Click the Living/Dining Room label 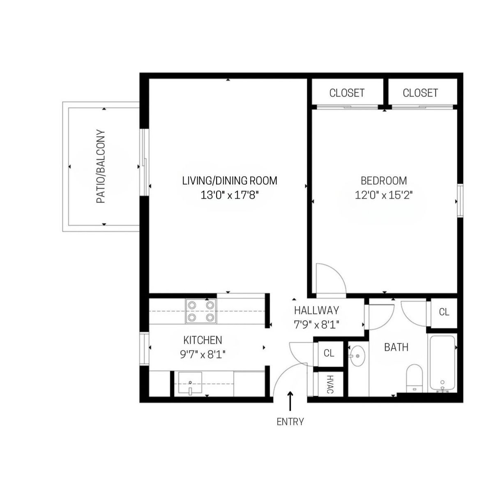[230, 181]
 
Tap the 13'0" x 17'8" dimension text [230, 196]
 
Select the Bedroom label [384, 181]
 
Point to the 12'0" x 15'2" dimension [384, 196]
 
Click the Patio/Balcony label [101, 166]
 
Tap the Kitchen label [203, 340]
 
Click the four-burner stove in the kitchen [201, 311]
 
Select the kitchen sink [190, 383]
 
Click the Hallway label [316, 310]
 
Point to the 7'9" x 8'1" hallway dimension [316, 325]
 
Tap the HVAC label [330, 384]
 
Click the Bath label [396, 347]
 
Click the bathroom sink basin [357, 356]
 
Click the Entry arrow [290, 401]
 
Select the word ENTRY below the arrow [290, 422]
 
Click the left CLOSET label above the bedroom [347, 93]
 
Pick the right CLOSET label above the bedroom [420, 93]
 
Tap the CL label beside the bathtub [444, 312]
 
